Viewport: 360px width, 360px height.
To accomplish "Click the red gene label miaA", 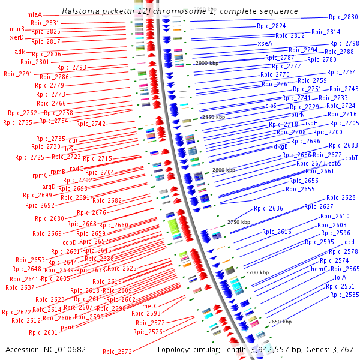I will [34, 14].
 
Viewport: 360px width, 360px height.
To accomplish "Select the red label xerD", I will [17, 37].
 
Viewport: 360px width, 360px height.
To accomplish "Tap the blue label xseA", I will [265, 43].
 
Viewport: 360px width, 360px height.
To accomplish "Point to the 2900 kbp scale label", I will [208, 62].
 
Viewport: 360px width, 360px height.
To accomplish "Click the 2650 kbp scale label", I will [280, 322].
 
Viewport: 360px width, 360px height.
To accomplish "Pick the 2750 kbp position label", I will [238, 222].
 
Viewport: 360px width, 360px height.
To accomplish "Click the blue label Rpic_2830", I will [343, 17].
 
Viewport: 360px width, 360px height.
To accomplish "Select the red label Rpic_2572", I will [117, 351].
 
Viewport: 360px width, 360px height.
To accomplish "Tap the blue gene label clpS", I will [271, 106].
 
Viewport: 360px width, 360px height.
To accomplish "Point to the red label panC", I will [68, 327].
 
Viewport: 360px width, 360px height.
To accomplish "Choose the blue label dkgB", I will [281, 146].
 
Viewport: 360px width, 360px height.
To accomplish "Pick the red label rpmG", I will [40, 175].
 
